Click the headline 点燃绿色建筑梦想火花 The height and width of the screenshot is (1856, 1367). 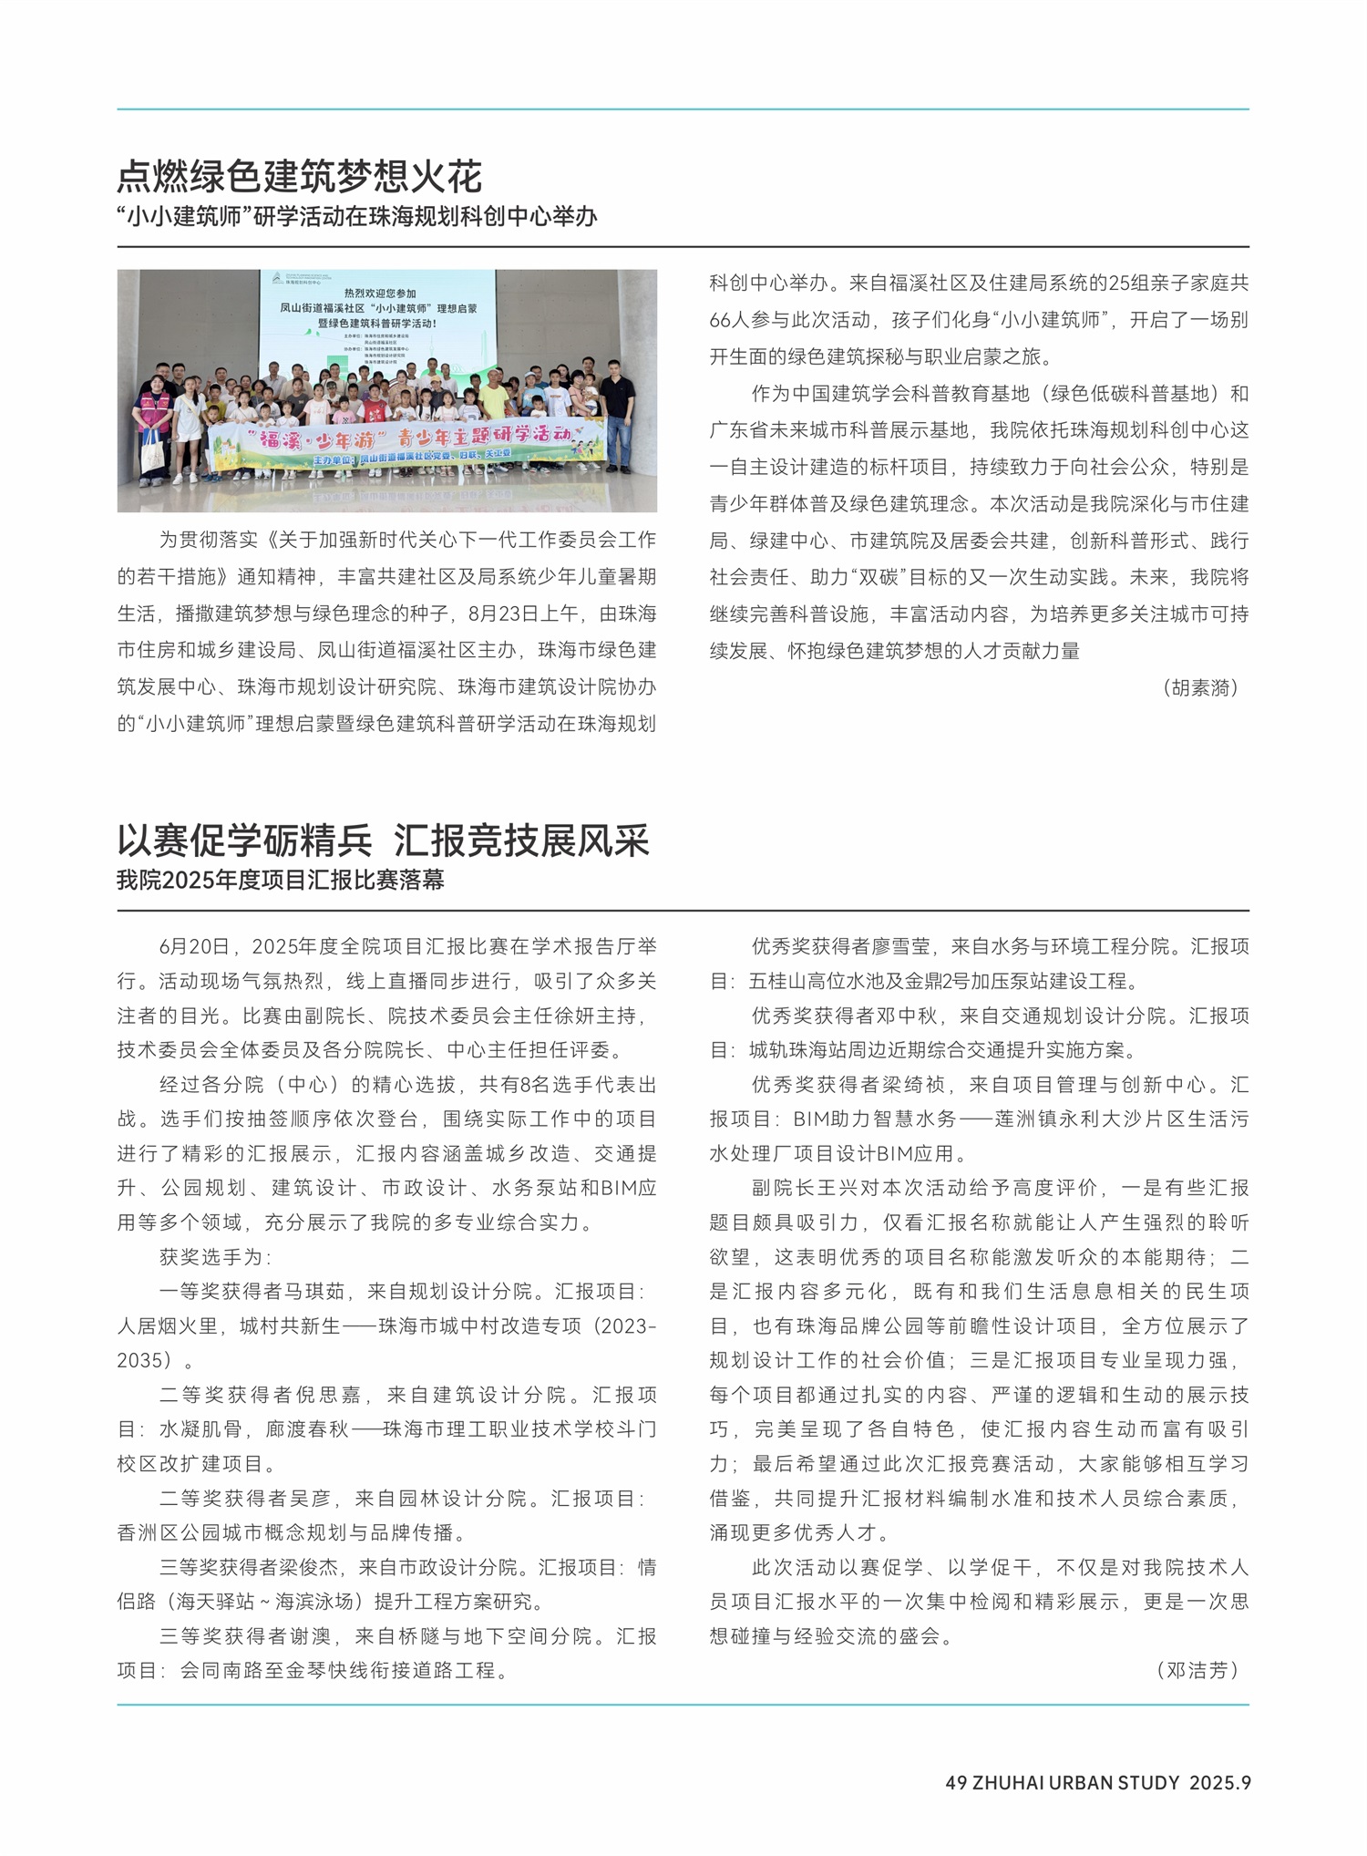[299, 177]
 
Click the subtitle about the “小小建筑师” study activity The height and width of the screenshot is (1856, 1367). [356, 217]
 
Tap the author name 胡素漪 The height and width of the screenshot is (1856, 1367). [1200, 688]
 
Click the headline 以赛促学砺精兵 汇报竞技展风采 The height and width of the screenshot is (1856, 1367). [383, 840]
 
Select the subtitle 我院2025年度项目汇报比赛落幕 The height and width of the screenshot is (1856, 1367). [280, 881]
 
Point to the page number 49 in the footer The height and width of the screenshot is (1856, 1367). [955, 1783]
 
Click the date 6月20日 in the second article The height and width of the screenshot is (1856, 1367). [194, 947]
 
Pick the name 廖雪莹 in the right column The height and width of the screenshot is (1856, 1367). [899, 947]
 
